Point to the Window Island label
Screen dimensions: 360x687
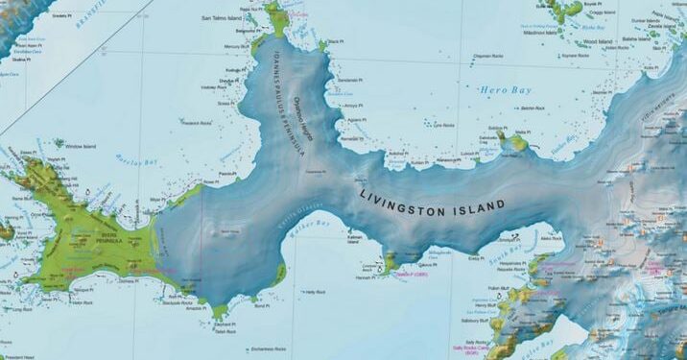83,146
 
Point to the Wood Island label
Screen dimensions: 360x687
599,42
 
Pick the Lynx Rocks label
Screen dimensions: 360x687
443,126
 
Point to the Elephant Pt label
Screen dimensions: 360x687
222,324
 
